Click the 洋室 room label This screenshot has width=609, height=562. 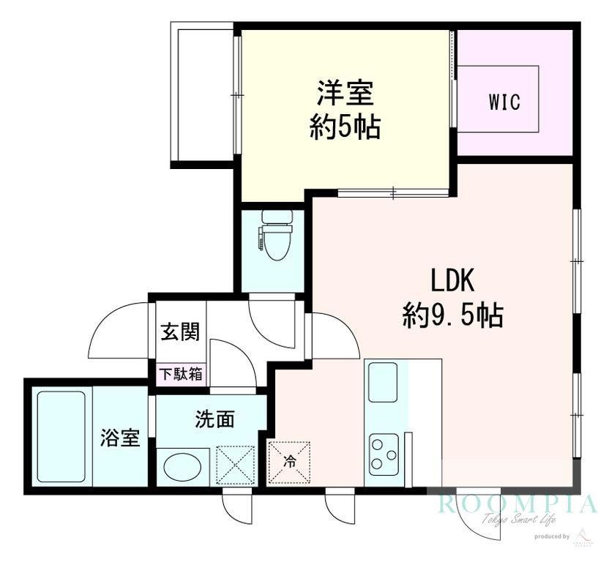(x=345, y=94)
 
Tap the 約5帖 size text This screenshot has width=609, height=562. (x=345, y=128)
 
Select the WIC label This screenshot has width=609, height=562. (x=505, y=102)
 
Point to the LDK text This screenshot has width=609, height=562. (x=452, y=282)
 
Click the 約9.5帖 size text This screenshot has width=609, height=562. (x=452, y=315)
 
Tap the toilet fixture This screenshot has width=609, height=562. (x=277, y=236)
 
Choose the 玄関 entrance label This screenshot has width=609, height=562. (x=179, y=333)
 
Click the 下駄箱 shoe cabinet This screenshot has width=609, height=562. (x=182, y=374)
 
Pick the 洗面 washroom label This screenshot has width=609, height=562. (x=214, y=419)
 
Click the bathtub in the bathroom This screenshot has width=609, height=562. (x=61, y=437)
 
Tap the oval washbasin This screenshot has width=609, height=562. (x=182, y=467)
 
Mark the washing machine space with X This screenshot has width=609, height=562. (x=235, y=465)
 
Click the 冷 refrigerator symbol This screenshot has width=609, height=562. (x=290, y=462)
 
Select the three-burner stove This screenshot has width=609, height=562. (x=384, y=453)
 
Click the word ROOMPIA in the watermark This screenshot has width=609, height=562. (x=518, y=504)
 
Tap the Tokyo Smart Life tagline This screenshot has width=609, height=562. (x=518, y=520)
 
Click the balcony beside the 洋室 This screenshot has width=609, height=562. (x=202, y=94)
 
